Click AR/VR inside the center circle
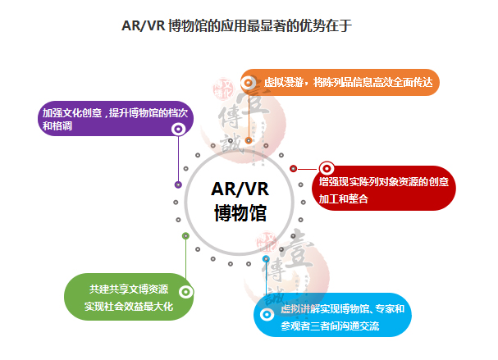(240, 189)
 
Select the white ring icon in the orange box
(249, 82)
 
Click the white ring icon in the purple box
(178, 130)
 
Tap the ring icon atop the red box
(327, 169)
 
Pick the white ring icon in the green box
(185, 291)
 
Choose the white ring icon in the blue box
(267, 314)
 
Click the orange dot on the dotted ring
(249, 140)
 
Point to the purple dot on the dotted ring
(178, 185)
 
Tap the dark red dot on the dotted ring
(293, 169)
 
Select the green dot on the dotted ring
(185, 236)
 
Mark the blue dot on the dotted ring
(266, 259)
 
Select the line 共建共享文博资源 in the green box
(130, 289)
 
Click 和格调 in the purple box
(58, 128)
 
